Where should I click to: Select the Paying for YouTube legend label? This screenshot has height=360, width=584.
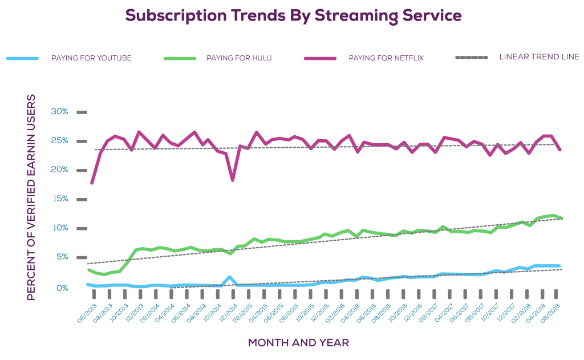(x=91, y=58)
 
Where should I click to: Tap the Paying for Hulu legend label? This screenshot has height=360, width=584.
(x=239, y=58)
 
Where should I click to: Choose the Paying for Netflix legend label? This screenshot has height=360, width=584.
(x=386, y=58)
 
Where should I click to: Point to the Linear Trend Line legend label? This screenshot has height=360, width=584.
(x=539, y=57)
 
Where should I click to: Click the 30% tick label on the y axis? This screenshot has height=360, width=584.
(x=59, y=112)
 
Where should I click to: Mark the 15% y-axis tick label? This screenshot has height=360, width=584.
(x=59, y=199)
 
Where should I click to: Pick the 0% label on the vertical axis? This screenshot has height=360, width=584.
(x=63, y=288)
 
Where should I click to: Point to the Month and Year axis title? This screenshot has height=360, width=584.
(x=298, y=343)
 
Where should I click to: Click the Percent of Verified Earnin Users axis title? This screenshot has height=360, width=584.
(x=31, y=197)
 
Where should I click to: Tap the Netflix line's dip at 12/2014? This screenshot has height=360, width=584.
(x=232, y=180)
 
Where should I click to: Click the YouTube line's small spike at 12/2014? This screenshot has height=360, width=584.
(x=229, y=277)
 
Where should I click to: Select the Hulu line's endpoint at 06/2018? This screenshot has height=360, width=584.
(x=562, y=218)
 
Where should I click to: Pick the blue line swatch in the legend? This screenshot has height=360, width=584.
(x=22, y=58)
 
